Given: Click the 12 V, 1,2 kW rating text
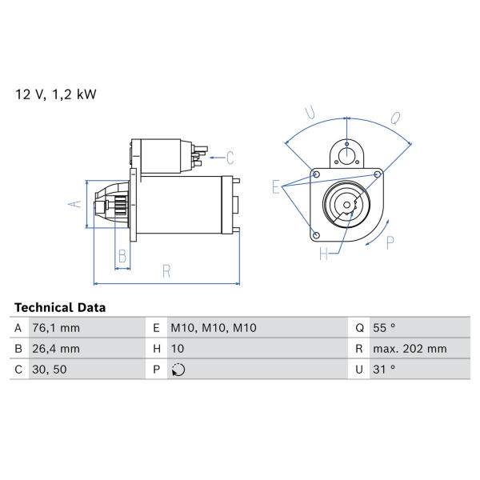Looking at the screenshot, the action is click(56, 94).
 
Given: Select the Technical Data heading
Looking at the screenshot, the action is click(60, 307).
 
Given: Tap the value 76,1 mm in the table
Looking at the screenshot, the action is click(56, 328).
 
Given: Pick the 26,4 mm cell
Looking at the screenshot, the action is click(56, 349).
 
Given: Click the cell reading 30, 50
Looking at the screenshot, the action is click(50, 370).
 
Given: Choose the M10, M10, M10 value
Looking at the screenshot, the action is click(214, 328).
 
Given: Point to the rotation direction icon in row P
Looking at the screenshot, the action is click(178, 370).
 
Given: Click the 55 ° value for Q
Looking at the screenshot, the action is click(384, 328).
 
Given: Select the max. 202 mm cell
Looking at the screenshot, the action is click(410, 349).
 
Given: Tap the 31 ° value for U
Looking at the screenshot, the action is click(384, 370).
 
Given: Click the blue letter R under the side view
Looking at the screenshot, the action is click(166, 271).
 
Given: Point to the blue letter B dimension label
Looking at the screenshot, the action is click(122, 256).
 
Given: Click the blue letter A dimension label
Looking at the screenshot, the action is click(75, 204).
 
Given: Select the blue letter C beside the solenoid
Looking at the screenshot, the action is click(230, 158).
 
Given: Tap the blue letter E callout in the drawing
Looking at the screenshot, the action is click(276, 186).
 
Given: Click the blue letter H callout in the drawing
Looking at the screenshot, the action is click(323, 254).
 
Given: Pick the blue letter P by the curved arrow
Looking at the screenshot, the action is click(390, 243).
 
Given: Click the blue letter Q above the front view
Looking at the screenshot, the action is click(395, 118).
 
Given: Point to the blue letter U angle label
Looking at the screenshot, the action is click(310, 112).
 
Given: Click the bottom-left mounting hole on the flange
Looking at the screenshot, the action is click(317, 235).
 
